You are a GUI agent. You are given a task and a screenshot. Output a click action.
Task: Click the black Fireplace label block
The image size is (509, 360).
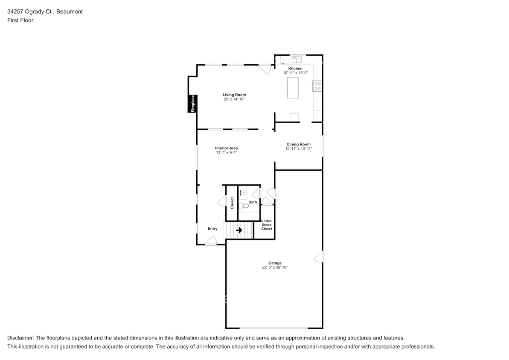[192, 104]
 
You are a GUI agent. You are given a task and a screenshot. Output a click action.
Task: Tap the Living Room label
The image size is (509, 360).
[234, 95]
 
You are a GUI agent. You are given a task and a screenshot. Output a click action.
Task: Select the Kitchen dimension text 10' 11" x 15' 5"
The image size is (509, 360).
[295, 73]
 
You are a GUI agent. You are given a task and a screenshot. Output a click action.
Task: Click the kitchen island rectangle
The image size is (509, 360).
[293, 88]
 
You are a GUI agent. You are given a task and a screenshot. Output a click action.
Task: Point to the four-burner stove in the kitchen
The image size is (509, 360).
[317, 86]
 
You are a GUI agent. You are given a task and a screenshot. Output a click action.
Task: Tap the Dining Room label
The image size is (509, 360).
[299, 144]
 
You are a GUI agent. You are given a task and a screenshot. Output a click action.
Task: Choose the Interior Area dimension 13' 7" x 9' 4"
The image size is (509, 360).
[227, 152]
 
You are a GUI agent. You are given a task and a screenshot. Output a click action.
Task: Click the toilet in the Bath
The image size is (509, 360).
[244, 206]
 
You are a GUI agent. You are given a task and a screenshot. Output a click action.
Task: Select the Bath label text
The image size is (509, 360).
[253, 202]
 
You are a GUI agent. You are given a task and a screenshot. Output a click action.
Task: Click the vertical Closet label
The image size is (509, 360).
[232, 203]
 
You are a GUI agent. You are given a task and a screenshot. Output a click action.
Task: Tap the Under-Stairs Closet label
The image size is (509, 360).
[267, 225]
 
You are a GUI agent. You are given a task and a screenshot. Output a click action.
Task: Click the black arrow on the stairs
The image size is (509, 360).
[239, 231]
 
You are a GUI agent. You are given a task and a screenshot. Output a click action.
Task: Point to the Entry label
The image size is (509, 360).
[212, 229]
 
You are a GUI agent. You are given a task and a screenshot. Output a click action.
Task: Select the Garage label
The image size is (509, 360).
[275, 263]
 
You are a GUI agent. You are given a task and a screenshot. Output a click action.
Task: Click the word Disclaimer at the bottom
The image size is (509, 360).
[21, 337]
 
